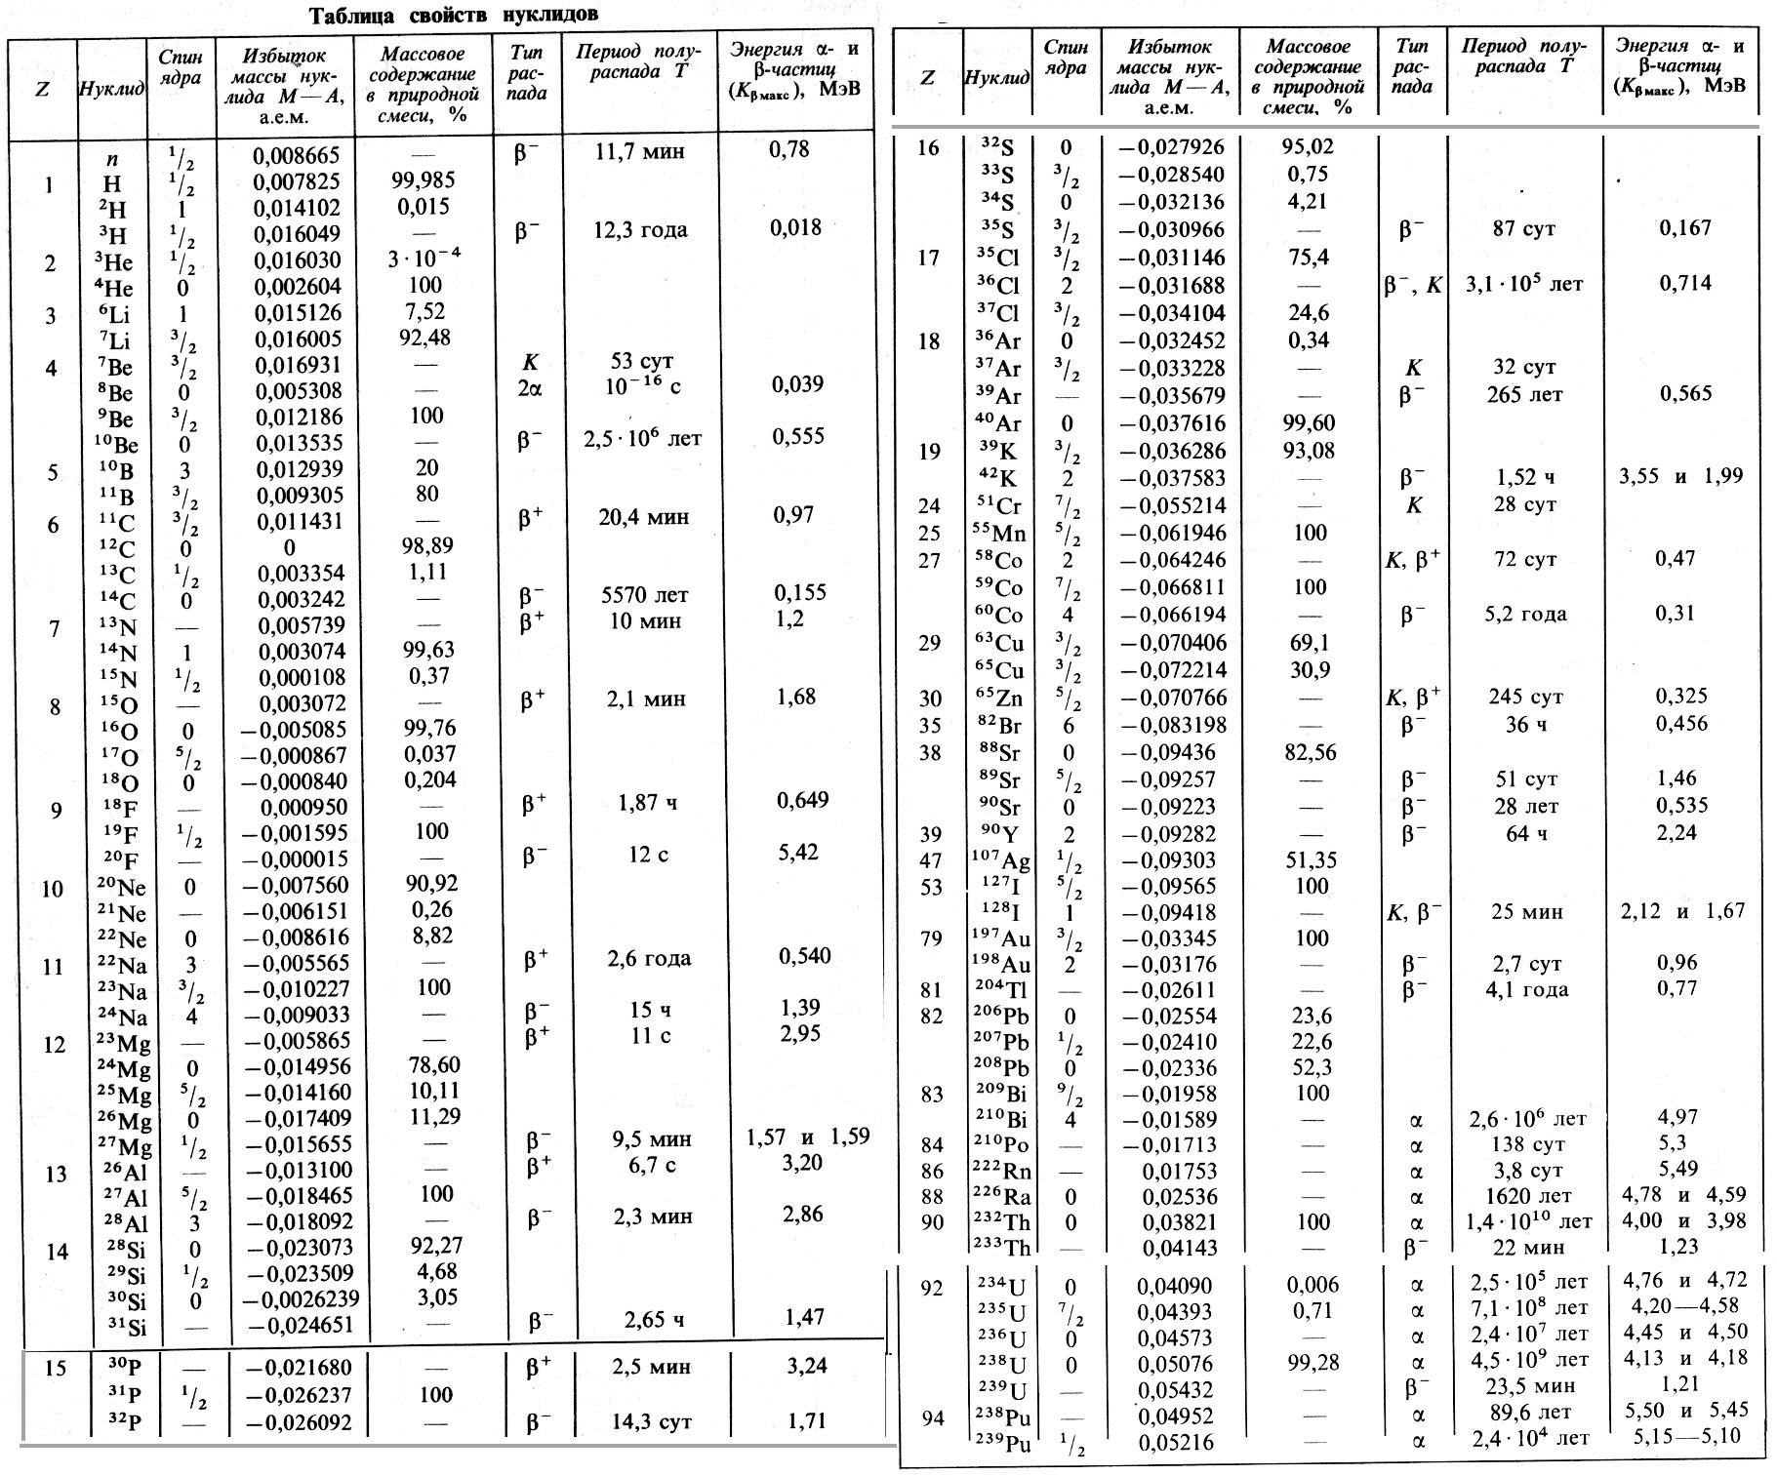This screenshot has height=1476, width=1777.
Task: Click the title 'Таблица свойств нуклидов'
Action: (454, 15)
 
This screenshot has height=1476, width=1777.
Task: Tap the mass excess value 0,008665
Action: (296, 155)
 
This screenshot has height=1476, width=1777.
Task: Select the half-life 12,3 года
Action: (641, 230)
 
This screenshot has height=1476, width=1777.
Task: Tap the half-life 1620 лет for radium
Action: (1524, 1196)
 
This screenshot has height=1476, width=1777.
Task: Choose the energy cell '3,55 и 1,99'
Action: (1679, 477)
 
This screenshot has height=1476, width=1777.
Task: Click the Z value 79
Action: (931, 939)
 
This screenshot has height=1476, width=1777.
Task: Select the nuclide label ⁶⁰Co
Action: (1002, 616)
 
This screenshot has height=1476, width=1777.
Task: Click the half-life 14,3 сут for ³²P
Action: (651, 1421)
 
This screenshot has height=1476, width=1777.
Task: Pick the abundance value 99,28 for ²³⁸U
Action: (1313, 1362)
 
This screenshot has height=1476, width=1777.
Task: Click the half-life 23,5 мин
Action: (1526, 1386)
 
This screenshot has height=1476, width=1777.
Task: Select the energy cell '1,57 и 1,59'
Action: (807, 1137)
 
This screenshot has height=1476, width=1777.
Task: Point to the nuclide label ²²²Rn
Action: (1002, 1171)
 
